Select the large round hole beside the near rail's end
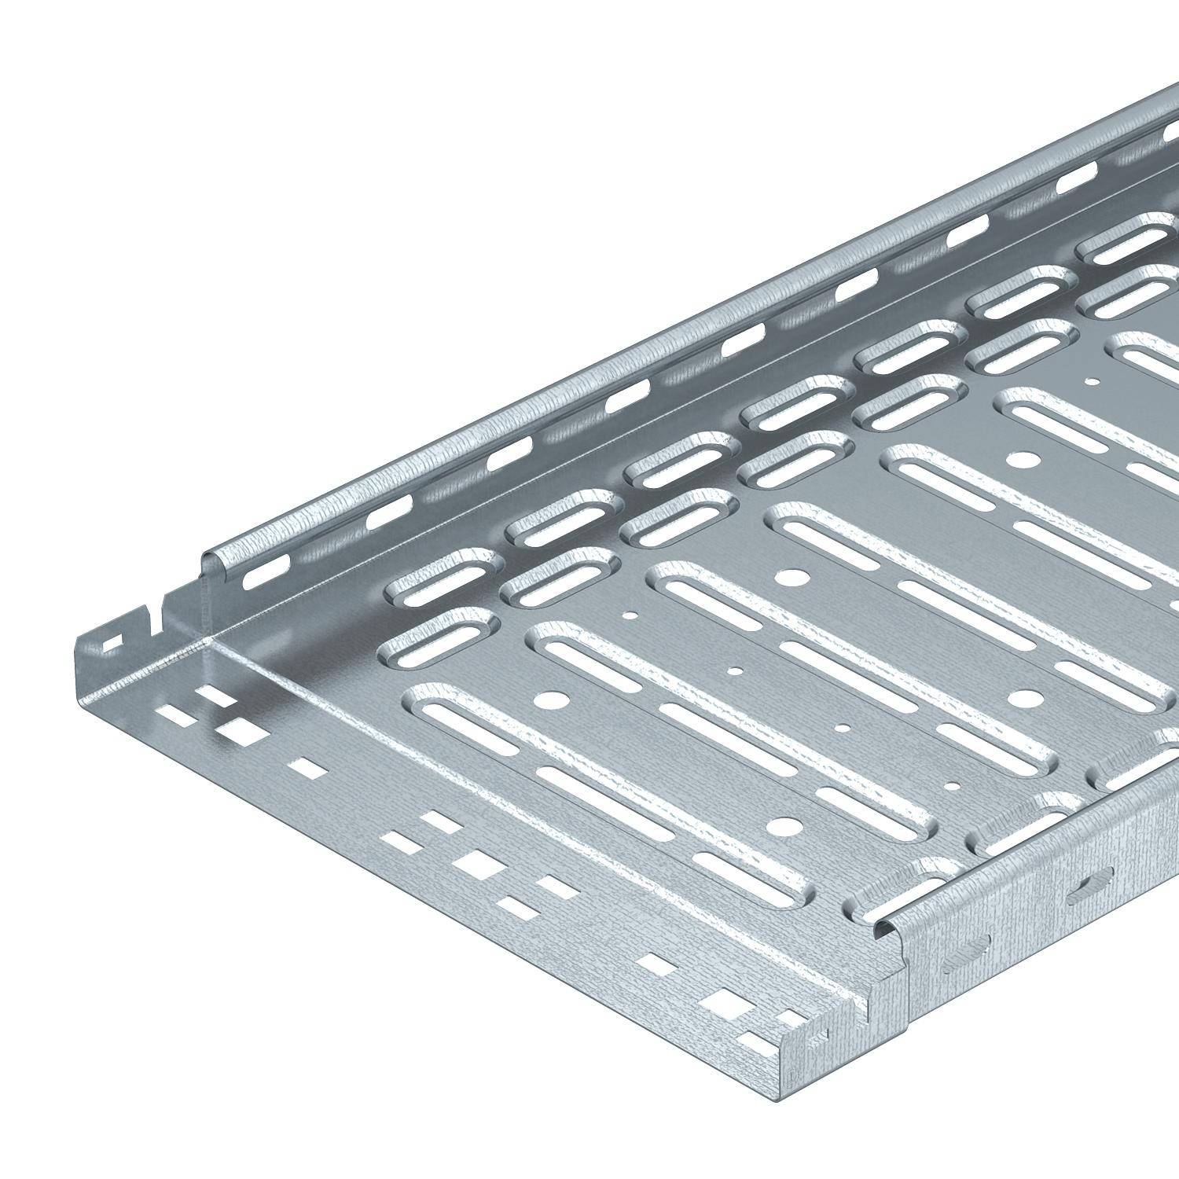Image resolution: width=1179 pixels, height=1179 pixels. point(784,825)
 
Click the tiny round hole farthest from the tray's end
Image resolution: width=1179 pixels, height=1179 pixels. point(1092,383)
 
